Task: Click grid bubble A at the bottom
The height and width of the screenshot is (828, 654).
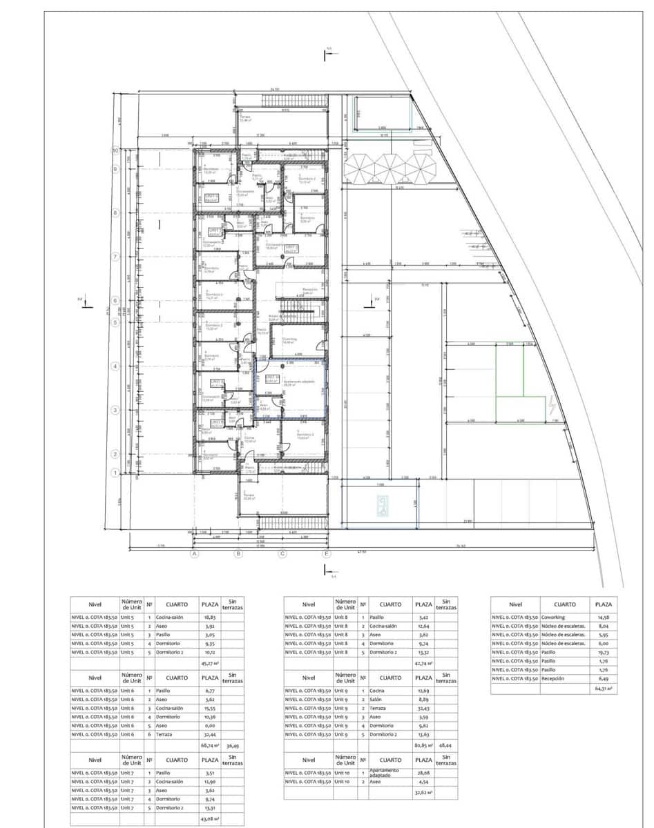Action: coord(195,553)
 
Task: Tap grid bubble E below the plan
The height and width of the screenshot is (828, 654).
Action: coord(327,553)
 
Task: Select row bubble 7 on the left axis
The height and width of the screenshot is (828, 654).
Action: coord(116,257)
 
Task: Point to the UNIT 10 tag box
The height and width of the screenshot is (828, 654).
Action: coord(273,377)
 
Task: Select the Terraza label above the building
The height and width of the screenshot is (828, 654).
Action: coord(245,118)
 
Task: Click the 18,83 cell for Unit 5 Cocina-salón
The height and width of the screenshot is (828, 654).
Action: coord(209,618)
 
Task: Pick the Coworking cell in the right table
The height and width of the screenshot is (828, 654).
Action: coord(565,618)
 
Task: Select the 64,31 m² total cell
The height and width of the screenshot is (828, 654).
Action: coord(603,688)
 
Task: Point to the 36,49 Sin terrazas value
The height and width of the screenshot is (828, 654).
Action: coord(233,745)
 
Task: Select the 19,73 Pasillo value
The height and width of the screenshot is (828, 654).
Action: coord(603,652)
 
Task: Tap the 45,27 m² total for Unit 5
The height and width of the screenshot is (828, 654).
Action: coord(209,663)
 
